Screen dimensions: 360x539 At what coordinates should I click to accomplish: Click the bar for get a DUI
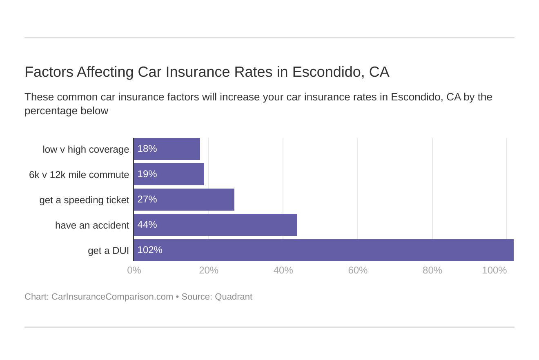323,250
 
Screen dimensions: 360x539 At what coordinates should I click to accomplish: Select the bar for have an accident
215,225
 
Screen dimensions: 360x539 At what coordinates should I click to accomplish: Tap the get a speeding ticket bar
184,200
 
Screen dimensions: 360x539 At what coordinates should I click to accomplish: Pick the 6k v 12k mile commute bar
169,174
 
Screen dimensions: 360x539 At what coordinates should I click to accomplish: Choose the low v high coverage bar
167,149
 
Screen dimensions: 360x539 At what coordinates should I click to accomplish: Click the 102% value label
150,250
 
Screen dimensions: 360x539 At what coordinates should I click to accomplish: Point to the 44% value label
147,224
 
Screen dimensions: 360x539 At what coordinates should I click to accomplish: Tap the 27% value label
147,199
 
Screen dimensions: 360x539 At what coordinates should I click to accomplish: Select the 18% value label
147,149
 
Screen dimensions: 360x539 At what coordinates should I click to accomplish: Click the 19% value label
147,174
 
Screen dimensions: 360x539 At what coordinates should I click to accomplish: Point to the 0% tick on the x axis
134,270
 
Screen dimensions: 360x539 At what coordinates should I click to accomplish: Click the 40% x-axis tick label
283,270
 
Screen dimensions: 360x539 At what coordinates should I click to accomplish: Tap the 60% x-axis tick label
358,270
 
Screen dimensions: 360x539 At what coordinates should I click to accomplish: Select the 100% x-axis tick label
494,270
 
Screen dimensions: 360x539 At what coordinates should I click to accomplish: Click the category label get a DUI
108,251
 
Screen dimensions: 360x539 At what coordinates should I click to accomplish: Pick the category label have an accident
92,225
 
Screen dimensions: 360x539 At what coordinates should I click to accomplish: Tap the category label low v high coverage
86,149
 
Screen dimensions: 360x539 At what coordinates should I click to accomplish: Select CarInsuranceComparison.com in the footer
112,297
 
